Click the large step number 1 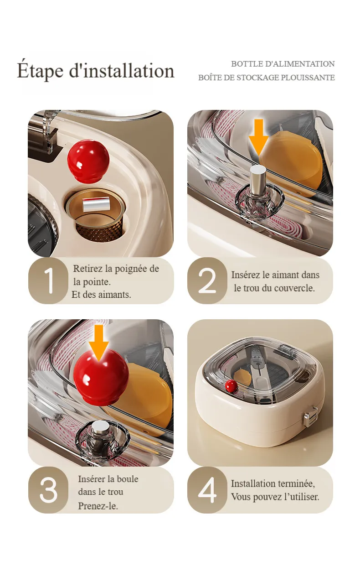[x=49, y=280]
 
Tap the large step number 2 [x=207, y=280]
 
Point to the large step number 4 [x=207, y=490]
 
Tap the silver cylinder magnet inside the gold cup [x=96, y=204]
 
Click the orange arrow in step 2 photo [x=259, y=137]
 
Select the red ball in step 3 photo [x=101, y=376]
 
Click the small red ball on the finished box [x=231, y=386]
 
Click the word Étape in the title [x=40, y=71]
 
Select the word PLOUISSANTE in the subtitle [x=308, y=78]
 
